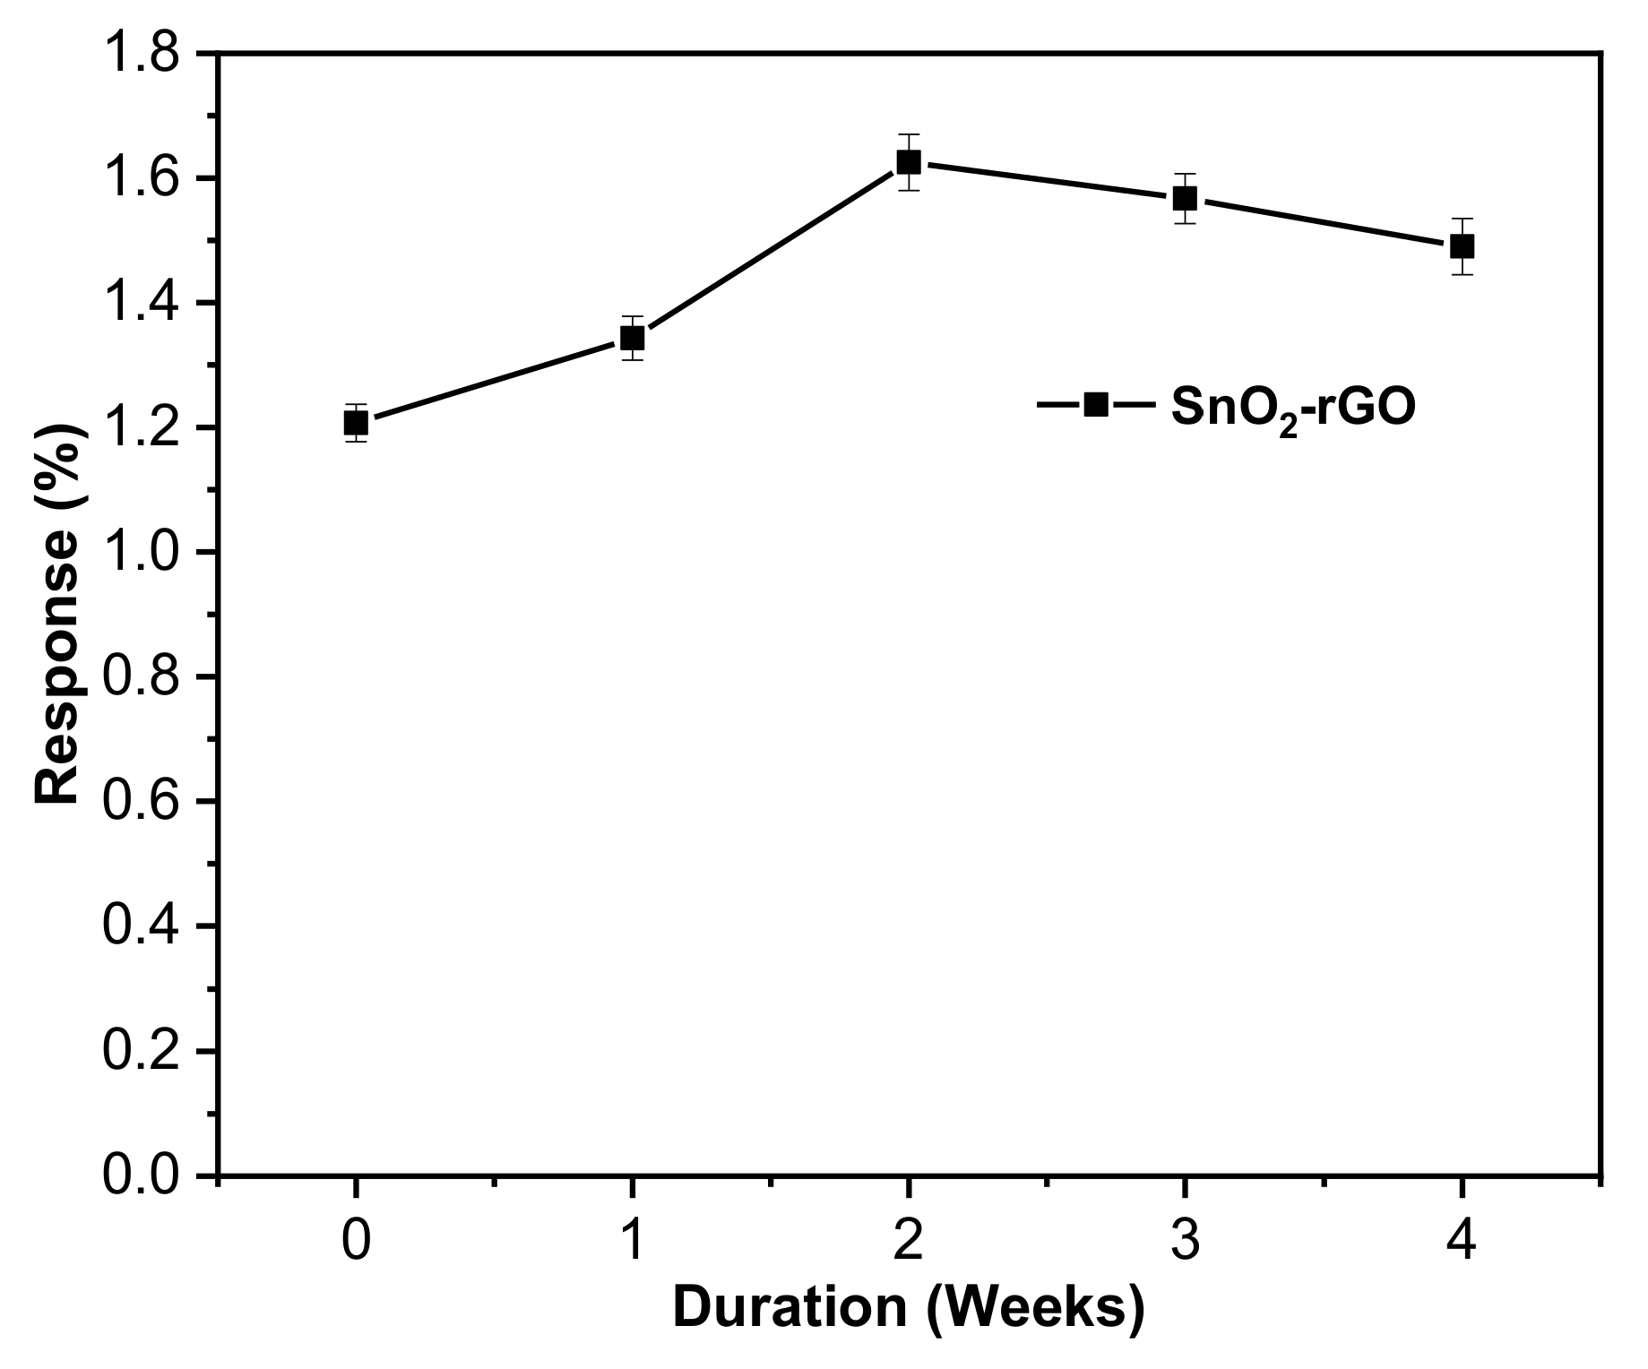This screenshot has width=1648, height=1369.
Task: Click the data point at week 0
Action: tap(356, 423)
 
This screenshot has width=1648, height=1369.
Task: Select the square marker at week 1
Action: tap(633, 339)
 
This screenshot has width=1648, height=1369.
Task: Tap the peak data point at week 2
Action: tap(909, 162)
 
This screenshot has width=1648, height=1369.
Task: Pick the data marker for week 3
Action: tap(1185, 198)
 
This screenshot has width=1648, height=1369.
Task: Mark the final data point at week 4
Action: tap(1462, 245)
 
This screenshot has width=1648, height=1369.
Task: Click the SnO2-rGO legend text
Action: tap(1294, 408)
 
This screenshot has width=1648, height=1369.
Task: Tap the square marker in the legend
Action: tap(1095, 405)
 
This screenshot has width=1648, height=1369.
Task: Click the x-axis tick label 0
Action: tap(356, 1243)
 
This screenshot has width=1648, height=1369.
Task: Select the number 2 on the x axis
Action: tap(909, 1243)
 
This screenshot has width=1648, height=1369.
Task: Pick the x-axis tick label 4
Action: tap(1462, 1243)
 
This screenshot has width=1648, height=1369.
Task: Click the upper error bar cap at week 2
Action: tap(909, 134)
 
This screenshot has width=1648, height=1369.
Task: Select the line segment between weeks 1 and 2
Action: tap(771, 251)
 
